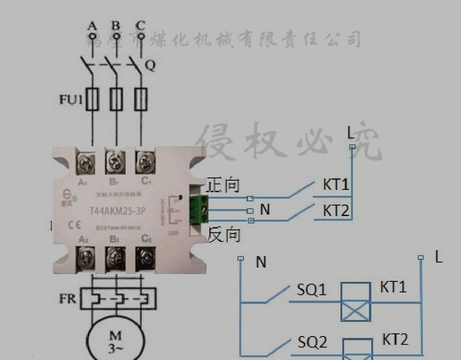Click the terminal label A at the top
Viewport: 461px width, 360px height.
(93, 26)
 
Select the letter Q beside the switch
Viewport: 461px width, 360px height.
(149, 65)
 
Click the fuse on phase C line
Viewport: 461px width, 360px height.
(141, 99)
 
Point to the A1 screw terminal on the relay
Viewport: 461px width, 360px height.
(84, 162)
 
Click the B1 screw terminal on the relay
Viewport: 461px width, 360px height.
(114, 162)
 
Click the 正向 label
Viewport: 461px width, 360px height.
(223, 184)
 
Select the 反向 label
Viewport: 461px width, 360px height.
(223, 235)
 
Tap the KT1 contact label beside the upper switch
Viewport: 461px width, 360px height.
(336, 185)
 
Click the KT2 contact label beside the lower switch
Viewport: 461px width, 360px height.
(336, 211)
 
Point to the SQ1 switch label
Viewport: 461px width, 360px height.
(312, 289)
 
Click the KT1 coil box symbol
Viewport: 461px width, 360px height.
(357, 302)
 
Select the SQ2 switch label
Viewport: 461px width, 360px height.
(312, 342)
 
